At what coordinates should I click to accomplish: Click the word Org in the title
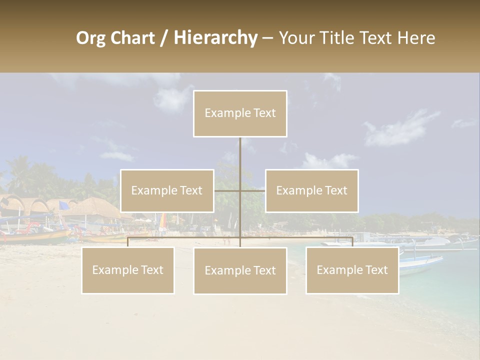coord(91,38)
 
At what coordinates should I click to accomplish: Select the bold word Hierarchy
coord(215,38)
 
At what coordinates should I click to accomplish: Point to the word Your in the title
coord(295,38)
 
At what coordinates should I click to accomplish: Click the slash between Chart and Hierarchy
coord(164,38)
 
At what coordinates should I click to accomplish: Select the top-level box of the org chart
coord(240,113)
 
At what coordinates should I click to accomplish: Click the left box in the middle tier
coord(167,190)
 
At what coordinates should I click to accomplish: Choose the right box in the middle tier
coord(312,190)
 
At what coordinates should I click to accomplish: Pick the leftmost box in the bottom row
coord(128,270)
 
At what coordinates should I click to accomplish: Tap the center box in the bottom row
coord(240,271)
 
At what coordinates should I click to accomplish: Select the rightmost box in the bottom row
coord(352,270)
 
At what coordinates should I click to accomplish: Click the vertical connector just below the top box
coord(240,155)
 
